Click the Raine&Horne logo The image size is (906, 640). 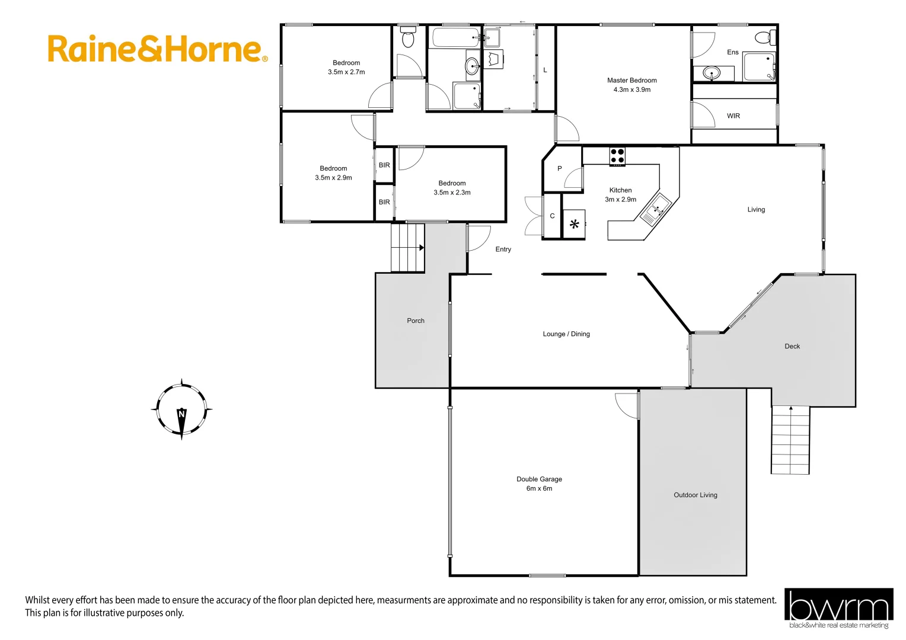[157, 49]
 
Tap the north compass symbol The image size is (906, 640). [181, 409]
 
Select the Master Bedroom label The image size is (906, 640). [631, 85]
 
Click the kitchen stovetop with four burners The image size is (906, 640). [617, 156]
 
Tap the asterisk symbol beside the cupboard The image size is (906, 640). [574, 225]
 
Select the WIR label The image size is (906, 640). [733, 116]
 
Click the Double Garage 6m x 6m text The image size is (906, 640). [539, 484]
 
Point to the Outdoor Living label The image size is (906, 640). [695, 495]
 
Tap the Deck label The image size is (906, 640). [792, 346]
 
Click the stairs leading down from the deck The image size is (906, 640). [790, 440]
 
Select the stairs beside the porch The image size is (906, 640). [407, 248]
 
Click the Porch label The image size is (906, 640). [415, 321]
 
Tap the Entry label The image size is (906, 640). [503, 249]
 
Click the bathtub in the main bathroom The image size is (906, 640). [455, 38]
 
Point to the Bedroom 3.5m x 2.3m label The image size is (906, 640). [452, 188]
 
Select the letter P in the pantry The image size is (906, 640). [559, 169]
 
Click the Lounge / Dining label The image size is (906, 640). [566, 334]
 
